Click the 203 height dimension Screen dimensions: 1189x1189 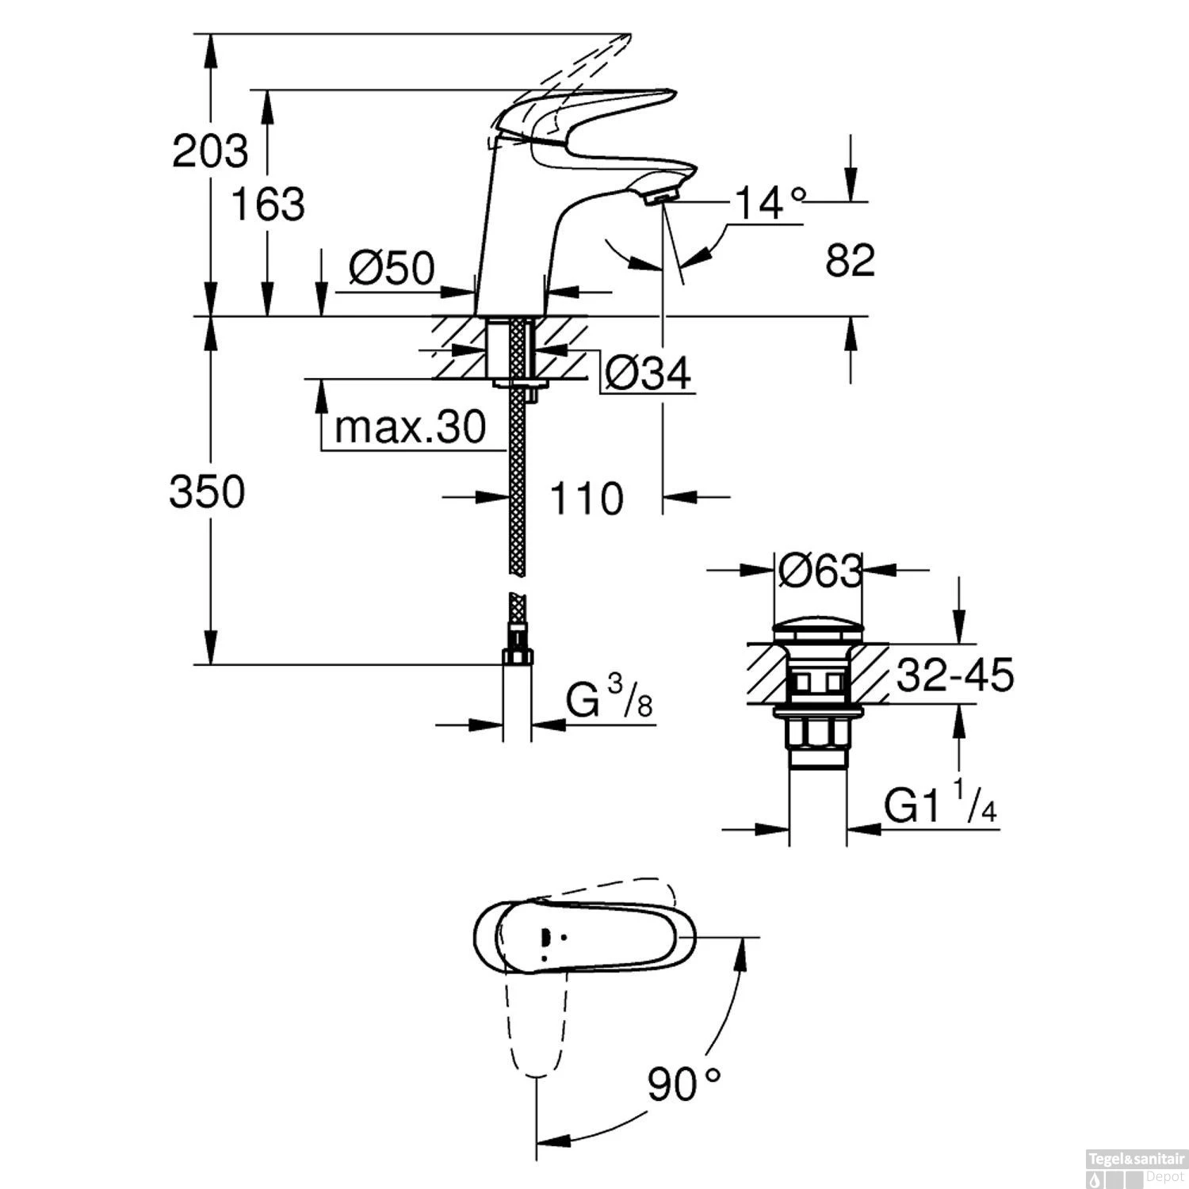pyautogui.click(x=210, y=151)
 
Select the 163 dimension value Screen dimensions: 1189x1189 pyautogui.click(x=268, y=205)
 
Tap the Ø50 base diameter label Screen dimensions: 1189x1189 pyautogui.click(x=392, y=270)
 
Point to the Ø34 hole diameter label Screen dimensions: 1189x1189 pyautogui.click(x=646, y=372)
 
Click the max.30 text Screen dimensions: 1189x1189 pyautogui.click(x=409, y=428)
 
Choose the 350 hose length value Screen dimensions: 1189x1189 pyautogui.click(x=207, y=492)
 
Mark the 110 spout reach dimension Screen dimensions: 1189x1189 pyautogui.click(x=586, y=499)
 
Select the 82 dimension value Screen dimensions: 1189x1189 pyautogui.click(x=850, y=260)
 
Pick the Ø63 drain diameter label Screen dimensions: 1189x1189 pyautogui.click(x=819, y=571)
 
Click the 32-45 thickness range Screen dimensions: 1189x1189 pyautogui.click(x=954, y=676)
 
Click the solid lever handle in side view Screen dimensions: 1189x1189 pyautogui.click(x=602, y=111)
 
